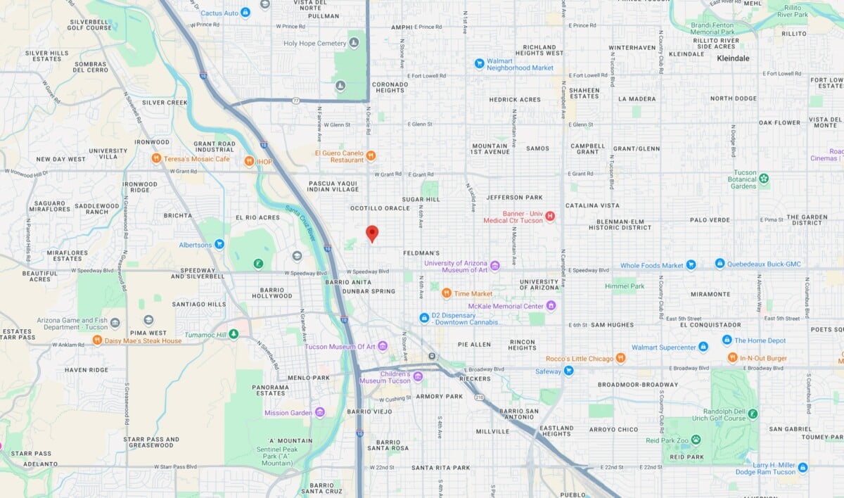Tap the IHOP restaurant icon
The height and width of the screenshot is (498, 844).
[x=249, y=161]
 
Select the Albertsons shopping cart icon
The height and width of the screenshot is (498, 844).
[x=219, y=244]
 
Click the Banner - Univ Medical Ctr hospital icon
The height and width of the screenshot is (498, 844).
[x=550, y=216]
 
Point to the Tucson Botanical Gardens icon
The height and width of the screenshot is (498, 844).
[x=764, y=178]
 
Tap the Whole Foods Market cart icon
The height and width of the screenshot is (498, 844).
[x=691, y=265]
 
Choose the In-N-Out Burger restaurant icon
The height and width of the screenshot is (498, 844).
[x=732, y=358]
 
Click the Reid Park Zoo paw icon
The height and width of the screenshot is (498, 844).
[x=696, y=440]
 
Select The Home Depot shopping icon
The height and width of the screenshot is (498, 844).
[x=727, y=340]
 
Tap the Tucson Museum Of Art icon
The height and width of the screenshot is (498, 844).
[x=382, y=346]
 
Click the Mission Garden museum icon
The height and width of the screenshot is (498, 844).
[x=320, y=412]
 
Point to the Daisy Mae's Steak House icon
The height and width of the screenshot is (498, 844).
[x=97, y=340]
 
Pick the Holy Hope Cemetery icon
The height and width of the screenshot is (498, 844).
[x=354, y=43]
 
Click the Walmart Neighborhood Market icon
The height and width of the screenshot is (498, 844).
[x=479, y=63]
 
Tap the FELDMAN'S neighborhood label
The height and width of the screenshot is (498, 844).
[x=422, y=253]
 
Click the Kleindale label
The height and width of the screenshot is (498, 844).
[x=733, y=58]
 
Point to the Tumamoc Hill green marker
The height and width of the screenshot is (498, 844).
[x=234, y=334]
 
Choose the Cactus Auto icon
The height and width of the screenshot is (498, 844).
[x=245, y=13]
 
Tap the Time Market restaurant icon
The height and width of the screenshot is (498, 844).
[x=446, y=293]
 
